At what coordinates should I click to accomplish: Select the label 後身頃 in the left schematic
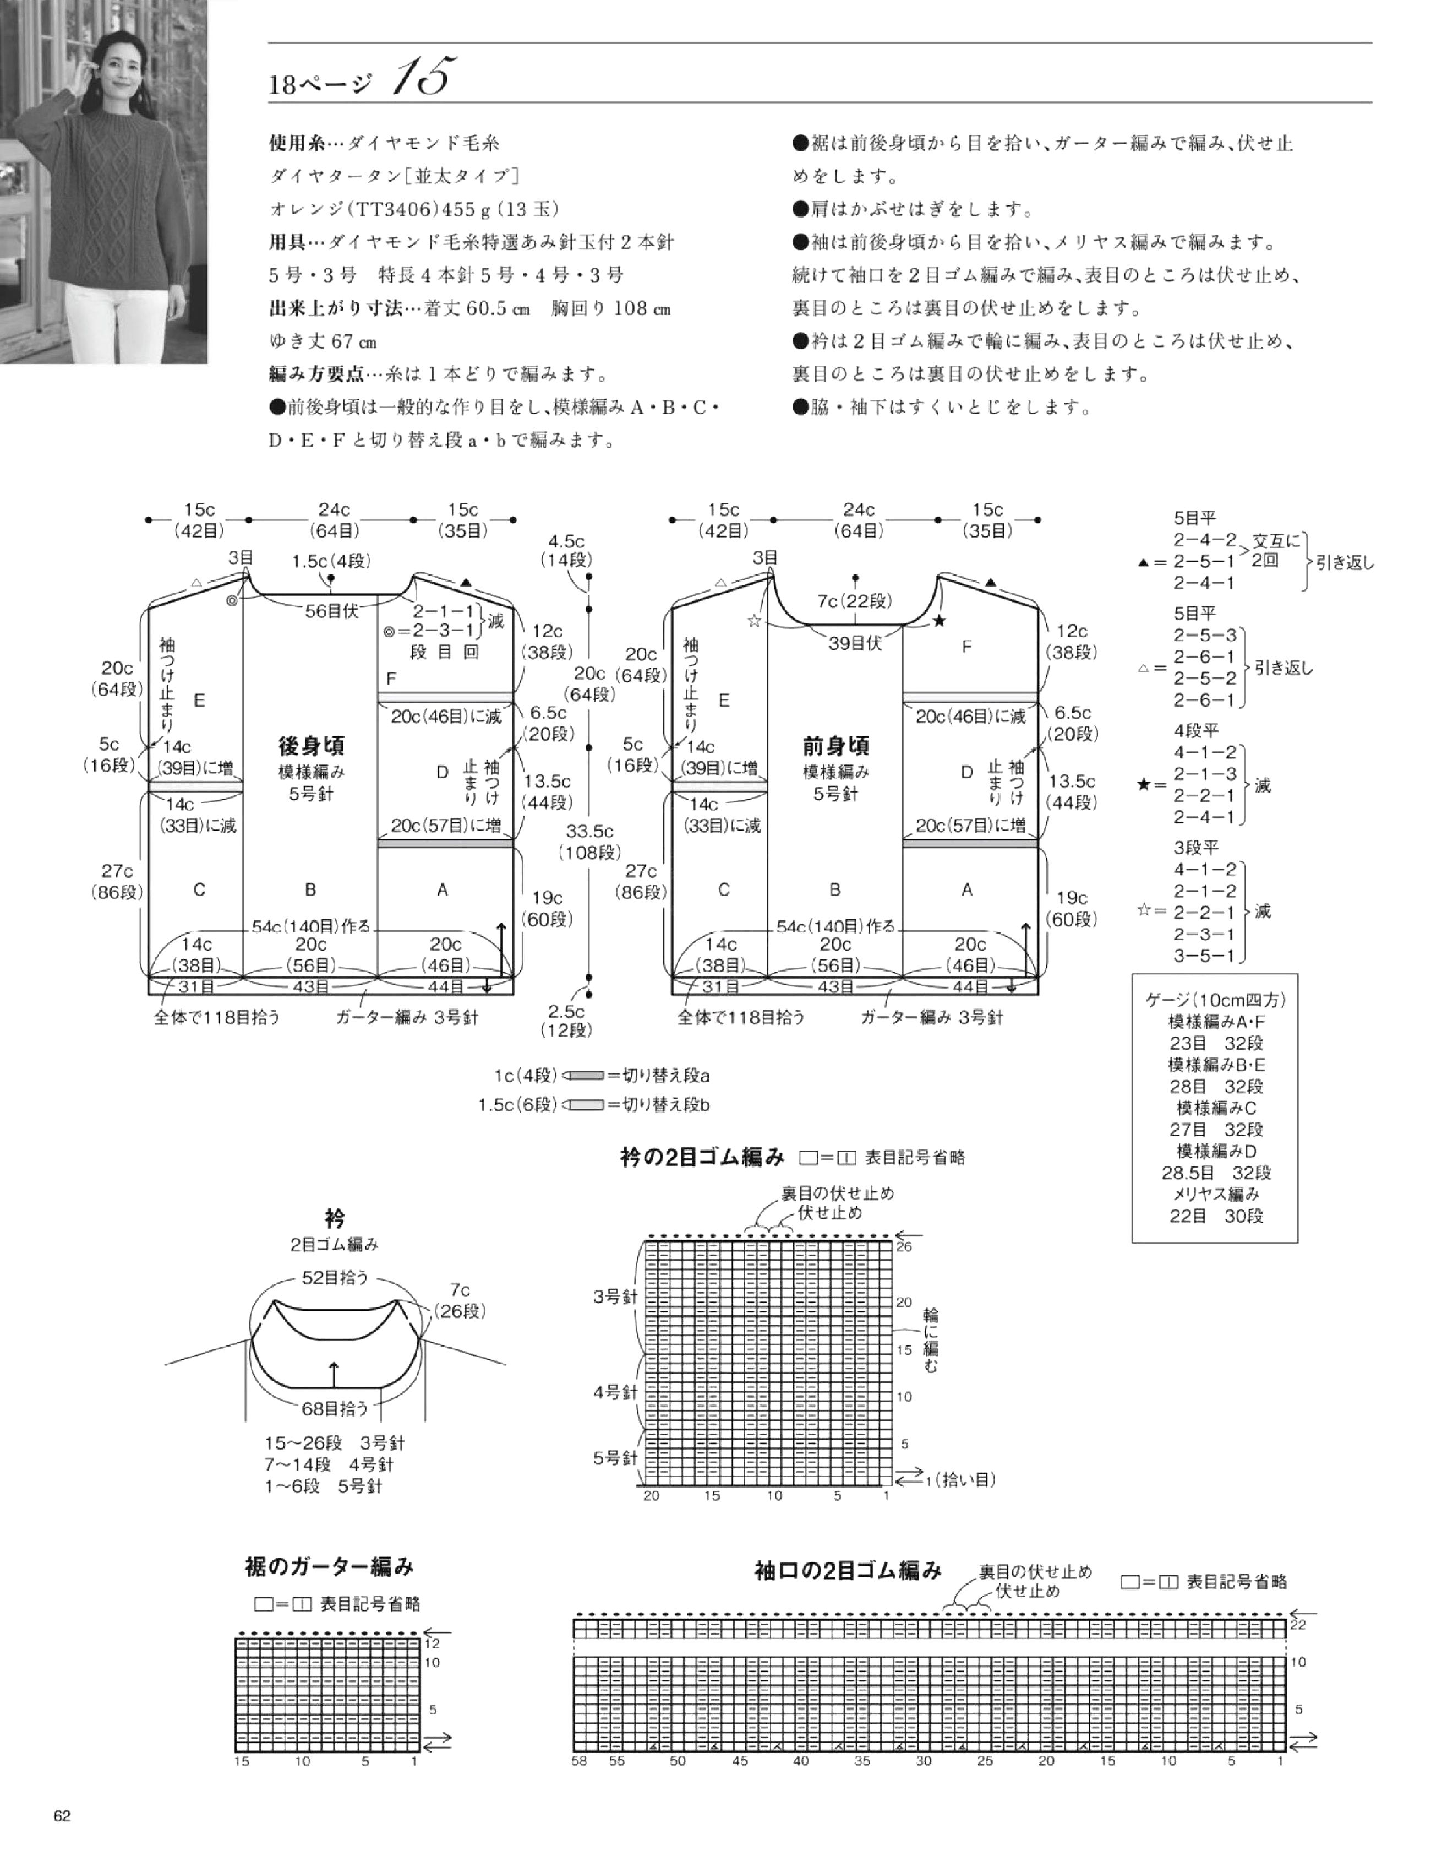click(x=311, y=746)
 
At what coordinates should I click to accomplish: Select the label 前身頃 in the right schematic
click(x=835, y=746)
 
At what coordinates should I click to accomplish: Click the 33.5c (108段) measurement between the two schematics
click(x=589, y=841)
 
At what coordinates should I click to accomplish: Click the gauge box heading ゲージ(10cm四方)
click(x=1214, y=1000)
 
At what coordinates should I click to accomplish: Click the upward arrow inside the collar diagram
click(x=334, y=1375)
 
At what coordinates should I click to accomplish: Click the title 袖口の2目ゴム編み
click(x=848, y=1570)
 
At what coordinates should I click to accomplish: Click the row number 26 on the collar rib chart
click(x=904, y=1246)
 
